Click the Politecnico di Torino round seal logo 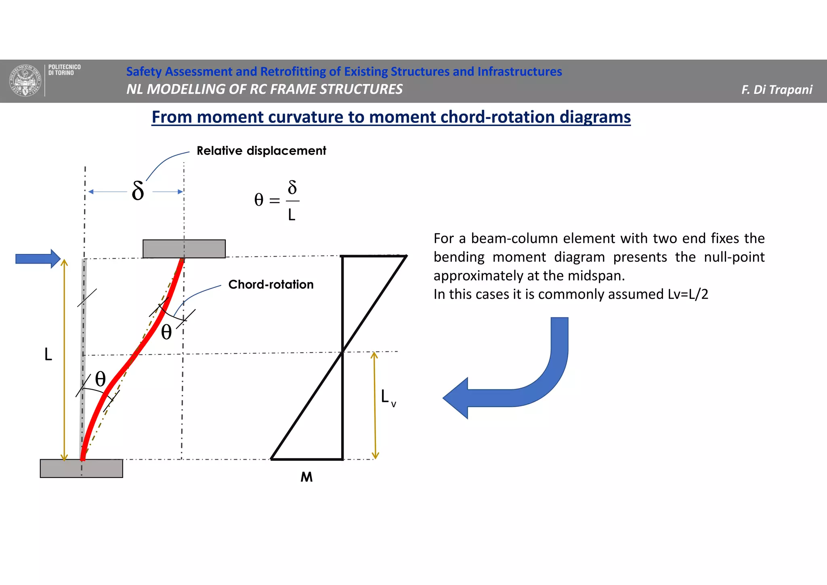point(25,80)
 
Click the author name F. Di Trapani point(777,89)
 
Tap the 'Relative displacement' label point(261,151)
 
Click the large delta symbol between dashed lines point(138,191)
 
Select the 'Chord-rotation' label point(271,285)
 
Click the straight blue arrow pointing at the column point(37,259)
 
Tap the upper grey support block point(184,249)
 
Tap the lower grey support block point(81,469)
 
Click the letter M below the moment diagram point(306,477)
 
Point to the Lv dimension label point(388,397)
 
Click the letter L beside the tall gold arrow point(48,355)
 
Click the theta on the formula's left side point(259,200)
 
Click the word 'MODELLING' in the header point(186,89)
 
